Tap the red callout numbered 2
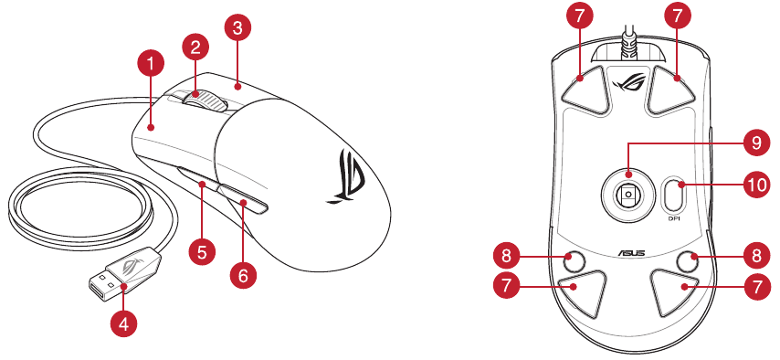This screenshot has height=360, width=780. (195, 48)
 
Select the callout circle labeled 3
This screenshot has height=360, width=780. (237, 28)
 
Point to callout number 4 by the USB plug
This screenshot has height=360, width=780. (123, 325)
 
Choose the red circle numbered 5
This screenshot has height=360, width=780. (202, 252)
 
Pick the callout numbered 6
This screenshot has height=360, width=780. (243, 275)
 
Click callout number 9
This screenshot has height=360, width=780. (756, 143)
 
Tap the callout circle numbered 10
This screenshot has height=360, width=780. (756, 185)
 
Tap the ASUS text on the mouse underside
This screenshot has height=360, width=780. (632, 253)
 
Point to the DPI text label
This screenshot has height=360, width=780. (674, 218)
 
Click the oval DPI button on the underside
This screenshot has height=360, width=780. (673, 195)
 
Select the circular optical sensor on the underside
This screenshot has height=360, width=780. (627, 193)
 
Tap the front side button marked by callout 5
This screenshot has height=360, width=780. (197, 179)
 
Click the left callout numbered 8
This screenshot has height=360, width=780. (506, 257)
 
